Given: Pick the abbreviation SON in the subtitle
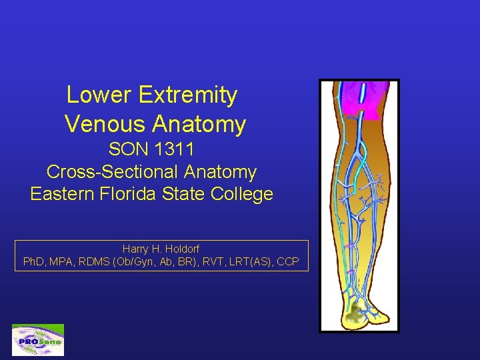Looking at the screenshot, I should (129, 149).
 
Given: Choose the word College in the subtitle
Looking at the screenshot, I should (242, 194).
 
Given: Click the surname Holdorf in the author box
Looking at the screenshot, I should (179, 249).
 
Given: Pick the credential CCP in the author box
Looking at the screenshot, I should (287, 261).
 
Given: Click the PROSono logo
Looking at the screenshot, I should (38, 340).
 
